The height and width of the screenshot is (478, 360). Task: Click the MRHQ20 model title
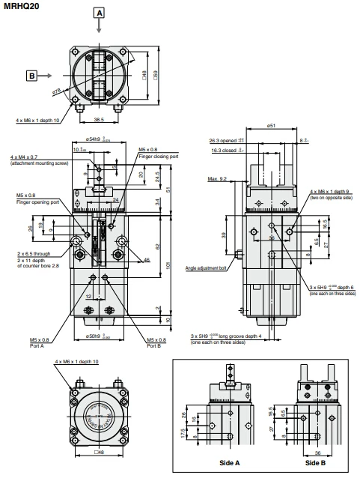tap(22, 5)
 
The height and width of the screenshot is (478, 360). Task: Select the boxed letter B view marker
tap(31, 75)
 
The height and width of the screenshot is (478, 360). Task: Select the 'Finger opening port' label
tap(35, 202)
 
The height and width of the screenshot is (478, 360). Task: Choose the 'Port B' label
tap(155, 346)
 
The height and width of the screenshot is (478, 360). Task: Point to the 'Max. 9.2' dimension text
tap(219, 179)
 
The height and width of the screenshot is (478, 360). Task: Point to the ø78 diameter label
tap(56, 91)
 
